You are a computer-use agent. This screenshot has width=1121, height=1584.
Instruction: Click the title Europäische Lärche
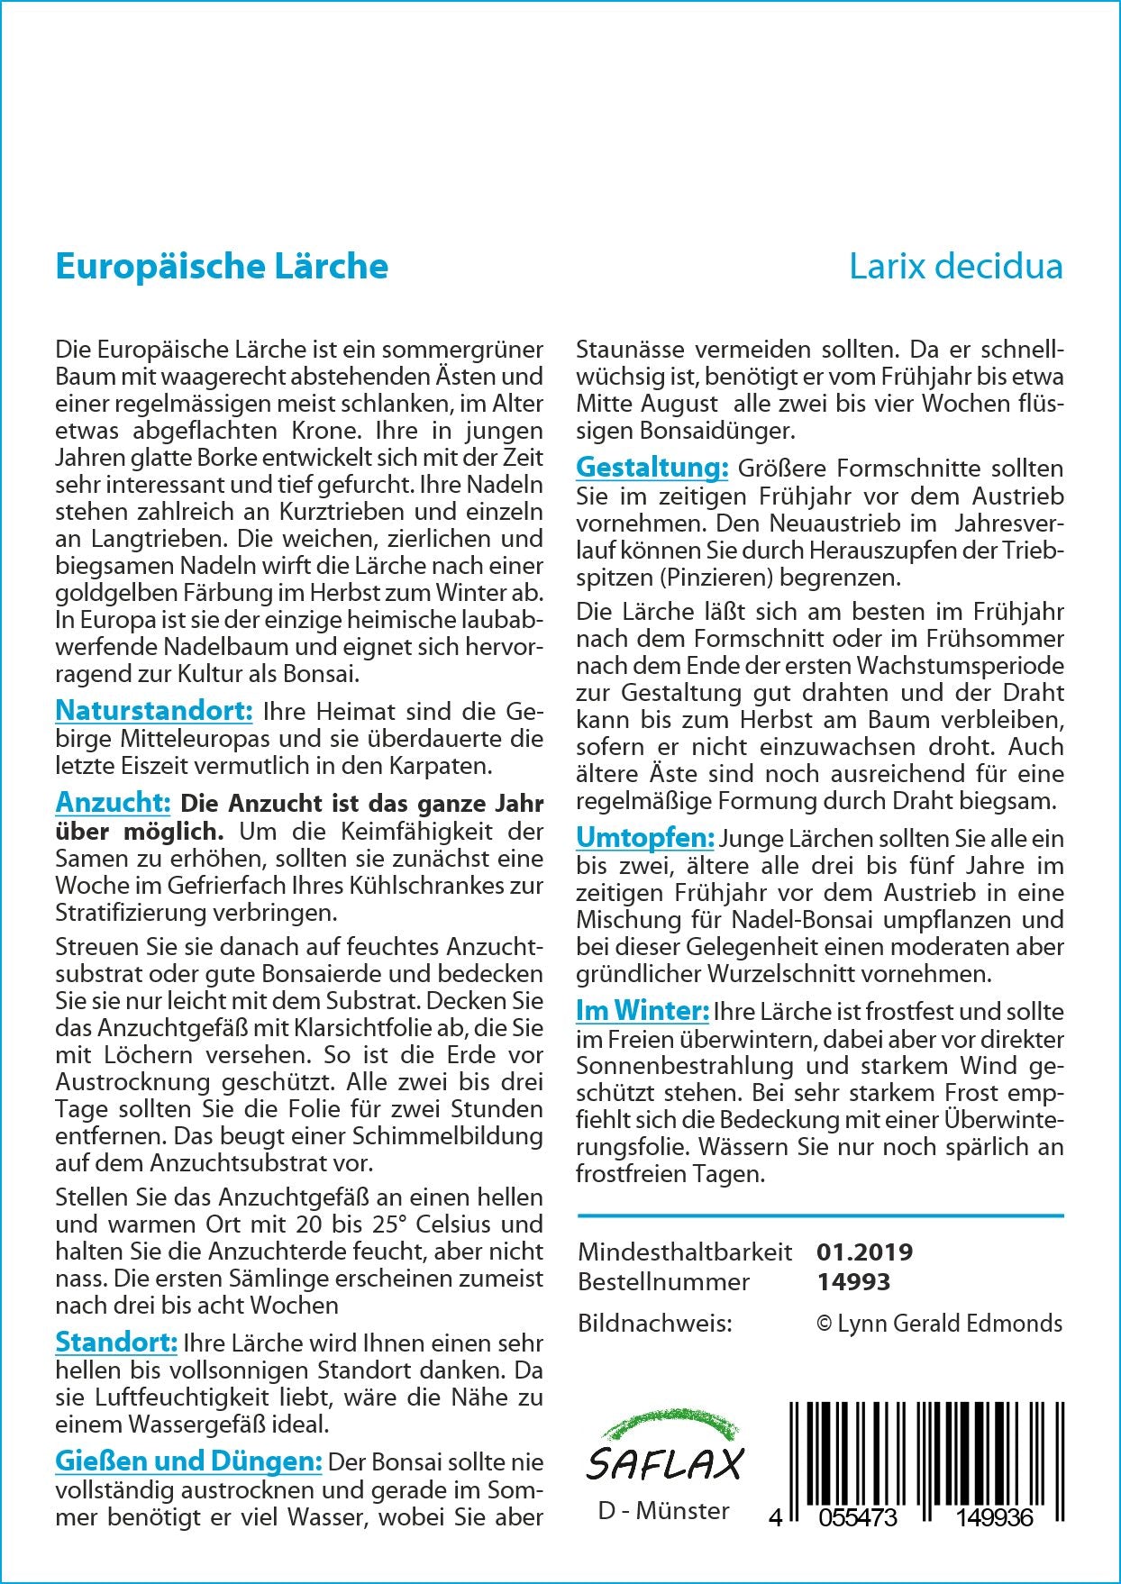pyautogui.click(x=222, y=267)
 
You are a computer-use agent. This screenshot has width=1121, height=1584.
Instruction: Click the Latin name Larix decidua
pyautogui.click(x=955, y=267)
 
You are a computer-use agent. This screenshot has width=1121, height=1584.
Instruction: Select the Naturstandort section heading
pyautogui.click(x=153, y=711)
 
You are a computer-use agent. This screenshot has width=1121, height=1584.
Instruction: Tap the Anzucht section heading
pyautogui.click(x=113, y=802)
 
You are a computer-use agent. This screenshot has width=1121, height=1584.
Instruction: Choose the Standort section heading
pyautogui.click(x=116, y=1343)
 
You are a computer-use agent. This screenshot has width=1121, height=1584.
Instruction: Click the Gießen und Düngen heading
pyautogui.click(x=188, y=1461)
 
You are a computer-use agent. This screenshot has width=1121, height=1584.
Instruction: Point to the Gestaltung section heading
pyautogui.click(x=652, y=468)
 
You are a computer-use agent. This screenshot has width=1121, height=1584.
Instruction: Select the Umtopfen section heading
pyautogui.click(x=645, y=838)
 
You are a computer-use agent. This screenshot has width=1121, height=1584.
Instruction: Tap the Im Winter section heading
pyautogui.click(x=643, y=1011)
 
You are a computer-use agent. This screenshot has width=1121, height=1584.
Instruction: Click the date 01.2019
pyautogui.click(x=864, y=1252)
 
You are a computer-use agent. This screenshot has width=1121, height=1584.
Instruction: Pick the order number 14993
pyautogui.click(x=852, y=1281)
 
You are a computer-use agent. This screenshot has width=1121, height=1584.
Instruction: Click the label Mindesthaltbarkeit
pyautogui.click(x=685, y=1252)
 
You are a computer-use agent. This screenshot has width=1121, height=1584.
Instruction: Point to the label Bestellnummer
pyautogui.click(x=663, y=1281)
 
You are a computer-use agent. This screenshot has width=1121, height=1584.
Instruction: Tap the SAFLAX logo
pyautogui.click(x=664, y=1449)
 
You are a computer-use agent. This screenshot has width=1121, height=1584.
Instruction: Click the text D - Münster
pyautogui.click(x=663, y=1510)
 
